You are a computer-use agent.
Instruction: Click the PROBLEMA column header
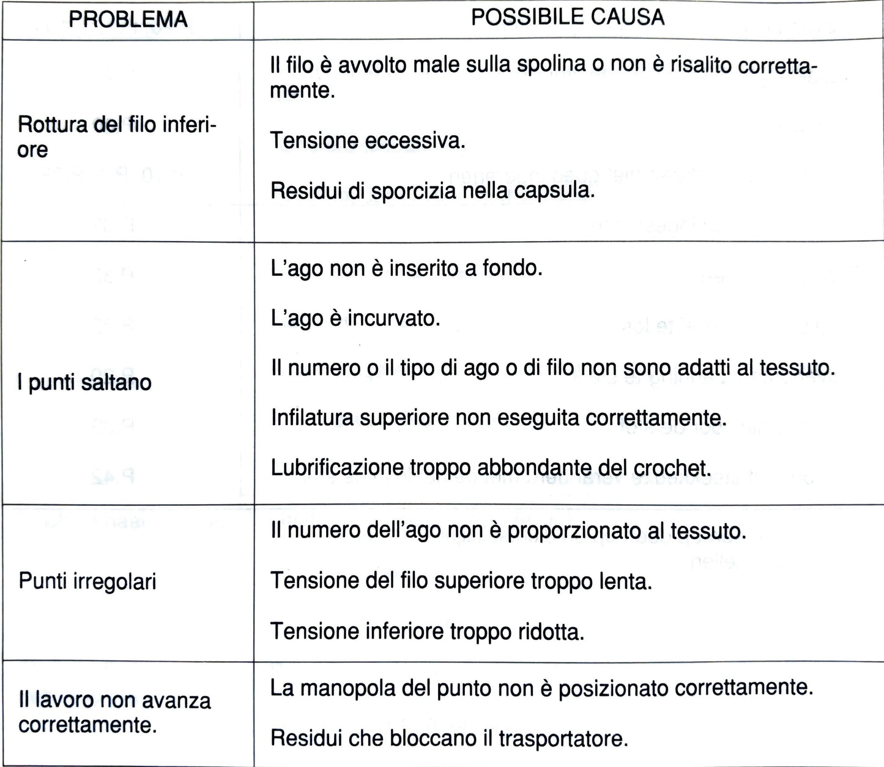click(128, 20)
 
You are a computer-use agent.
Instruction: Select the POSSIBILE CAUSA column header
click(567, 17)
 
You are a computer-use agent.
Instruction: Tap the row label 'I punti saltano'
click(84, 383)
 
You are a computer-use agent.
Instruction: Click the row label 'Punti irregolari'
click(87, 580)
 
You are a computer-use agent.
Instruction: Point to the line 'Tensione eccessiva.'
click(368, 141)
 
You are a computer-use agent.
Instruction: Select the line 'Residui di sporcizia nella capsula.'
click(433, 191)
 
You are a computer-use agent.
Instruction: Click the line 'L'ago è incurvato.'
click(355, 319)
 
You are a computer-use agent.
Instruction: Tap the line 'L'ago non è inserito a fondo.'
click(406, 268)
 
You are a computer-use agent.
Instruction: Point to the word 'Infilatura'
click(312, 418)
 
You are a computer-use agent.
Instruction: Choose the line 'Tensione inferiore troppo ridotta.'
click(427, 631)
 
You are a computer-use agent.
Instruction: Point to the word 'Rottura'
click(52, 125)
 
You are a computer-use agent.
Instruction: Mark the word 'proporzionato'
click(586, 531)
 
